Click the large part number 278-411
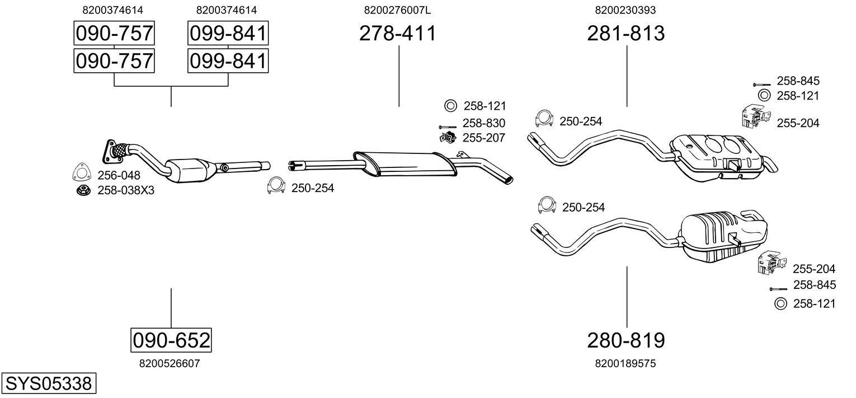(x=397, y=34)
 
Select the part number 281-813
(x=625, y=34)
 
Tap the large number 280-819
(x=625, y=340)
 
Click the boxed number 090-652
(x=171, y=340)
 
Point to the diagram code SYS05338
(x=48, y=384)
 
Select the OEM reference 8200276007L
(x=397, y=10)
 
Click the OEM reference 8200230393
(x=625, y=10)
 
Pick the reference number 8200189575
(x=625, y=363)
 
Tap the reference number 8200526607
(x=169, y=363)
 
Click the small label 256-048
(x=119, y=175)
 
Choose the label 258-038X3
(x=125, y=191)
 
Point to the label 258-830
(x=483, y=123)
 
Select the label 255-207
(x=483, y=138)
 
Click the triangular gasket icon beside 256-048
(x=82, y=174)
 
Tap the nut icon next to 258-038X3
(x=83, y=191)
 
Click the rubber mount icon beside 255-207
(x=447, y=137)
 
